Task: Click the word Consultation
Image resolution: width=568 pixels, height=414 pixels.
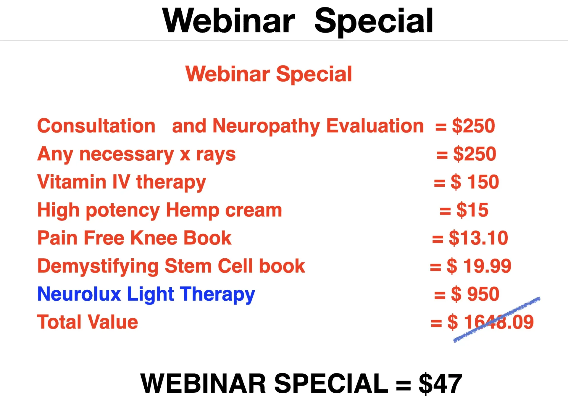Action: [x=96, y=126]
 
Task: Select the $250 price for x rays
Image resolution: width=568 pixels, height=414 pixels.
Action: [x=475, y=154]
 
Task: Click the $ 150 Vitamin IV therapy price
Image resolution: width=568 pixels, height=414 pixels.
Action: [x=475, y=182]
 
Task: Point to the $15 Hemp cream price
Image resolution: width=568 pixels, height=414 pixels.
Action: [x=472, y=210]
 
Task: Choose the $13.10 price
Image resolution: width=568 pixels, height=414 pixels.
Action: [x=478, y=238]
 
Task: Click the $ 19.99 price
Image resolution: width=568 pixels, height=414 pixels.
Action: [x=479, y=266]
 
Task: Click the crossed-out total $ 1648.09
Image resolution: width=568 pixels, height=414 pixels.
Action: [x=490, y=322]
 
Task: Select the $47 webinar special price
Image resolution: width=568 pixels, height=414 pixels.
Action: [x=440, y=384]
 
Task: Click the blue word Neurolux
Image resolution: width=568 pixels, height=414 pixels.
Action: [x=79, y=294]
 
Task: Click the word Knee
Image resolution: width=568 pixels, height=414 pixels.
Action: [x=154, y=238]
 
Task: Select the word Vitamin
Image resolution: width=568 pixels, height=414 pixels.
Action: [x=72, y=182]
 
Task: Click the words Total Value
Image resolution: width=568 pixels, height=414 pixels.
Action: [x=88, y=322]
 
